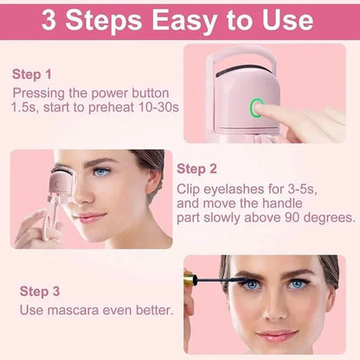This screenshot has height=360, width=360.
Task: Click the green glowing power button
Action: pyautogui.click(x=256, y=108)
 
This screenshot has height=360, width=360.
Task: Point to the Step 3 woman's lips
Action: pyautogui.click(x=277, y=336)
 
